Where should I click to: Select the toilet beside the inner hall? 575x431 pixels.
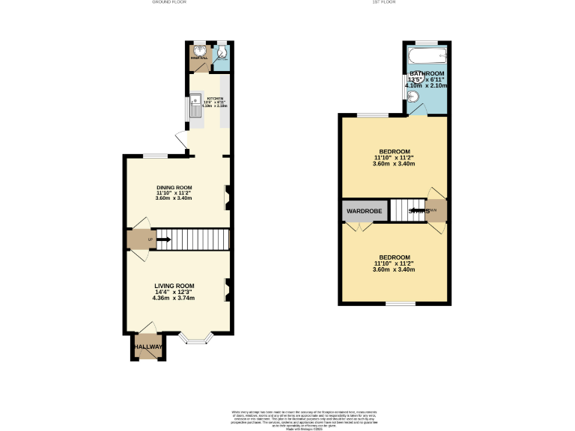[222, 52]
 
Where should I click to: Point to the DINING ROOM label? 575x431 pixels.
[174, 187]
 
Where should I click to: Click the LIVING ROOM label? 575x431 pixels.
[174, 286]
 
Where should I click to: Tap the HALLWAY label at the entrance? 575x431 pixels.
[147, 347]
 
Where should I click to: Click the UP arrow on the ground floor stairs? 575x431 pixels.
[162, 239]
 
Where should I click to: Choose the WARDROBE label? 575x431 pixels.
[365, 212]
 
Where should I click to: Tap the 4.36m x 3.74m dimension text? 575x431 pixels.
[174, 298]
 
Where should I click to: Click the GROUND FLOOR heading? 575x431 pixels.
[169, 3]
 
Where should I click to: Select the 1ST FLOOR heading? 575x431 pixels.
[383, 3]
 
